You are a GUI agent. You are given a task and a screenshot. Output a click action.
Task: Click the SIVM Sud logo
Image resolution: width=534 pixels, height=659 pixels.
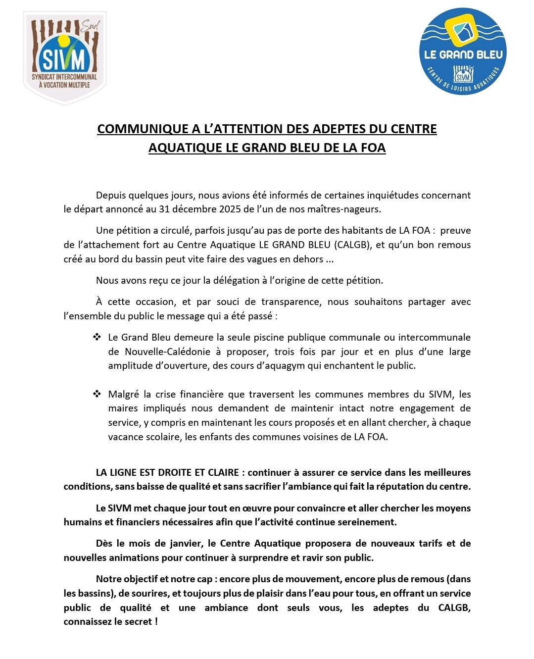pyautogui.click(x=65, y=58)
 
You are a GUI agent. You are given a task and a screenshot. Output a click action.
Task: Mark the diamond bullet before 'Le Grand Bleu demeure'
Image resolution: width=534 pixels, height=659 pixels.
pyautogui.click(x=97, y=337)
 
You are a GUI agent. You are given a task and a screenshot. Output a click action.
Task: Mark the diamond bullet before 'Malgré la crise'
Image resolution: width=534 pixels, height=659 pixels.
pyautogui.click(x=97, y=394)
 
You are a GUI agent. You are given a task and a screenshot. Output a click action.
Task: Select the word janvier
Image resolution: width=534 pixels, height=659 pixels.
pyautogui.click(x=185, y=543)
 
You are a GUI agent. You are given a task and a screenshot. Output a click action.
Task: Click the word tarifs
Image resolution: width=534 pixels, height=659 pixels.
pyautogui.click(x=430, y=543)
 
